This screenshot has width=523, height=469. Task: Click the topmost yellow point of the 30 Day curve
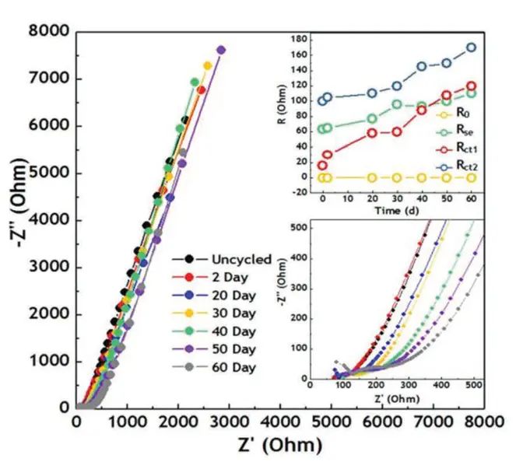[x=208, y=65]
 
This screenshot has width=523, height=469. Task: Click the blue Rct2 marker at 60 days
[x=470, y=47]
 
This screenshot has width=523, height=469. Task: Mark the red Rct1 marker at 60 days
[x=470, y=86]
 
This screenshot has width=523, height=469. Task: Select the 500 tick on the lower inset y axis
[x=299, y=226]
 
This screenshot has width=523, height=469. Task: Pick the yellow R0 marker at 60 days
[x=470, y=177]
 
